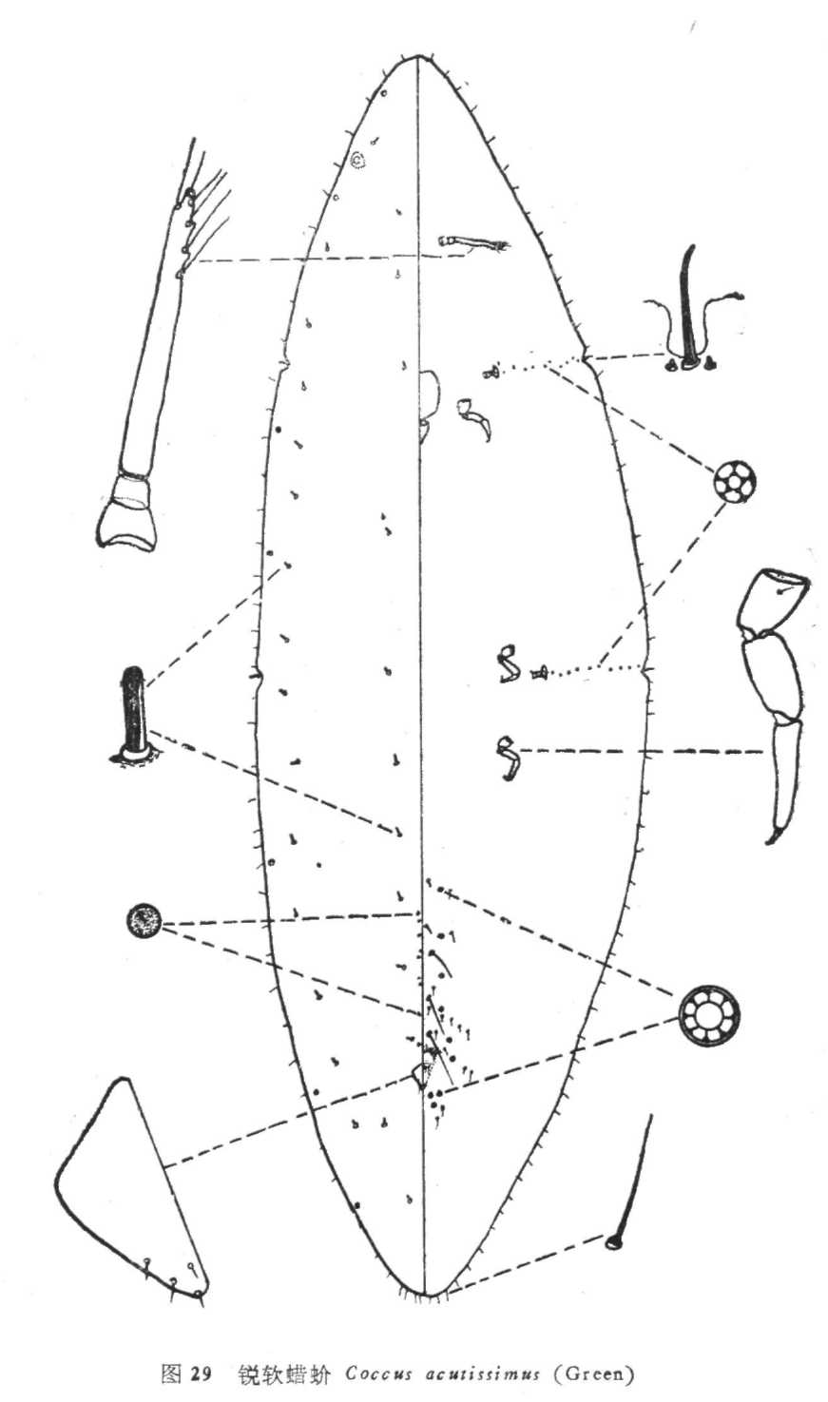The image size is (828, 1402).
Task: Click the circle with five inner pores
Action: [734, 482]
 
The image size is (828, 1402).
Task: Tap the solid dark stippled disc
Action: [144, 921]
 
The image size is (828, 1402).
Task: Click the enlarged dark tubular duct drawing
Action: [133, 715]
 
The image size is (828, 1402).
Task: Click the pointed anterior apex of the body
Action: [417, 57]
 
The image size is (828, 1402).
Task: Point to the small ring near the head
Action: [358, 161]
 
